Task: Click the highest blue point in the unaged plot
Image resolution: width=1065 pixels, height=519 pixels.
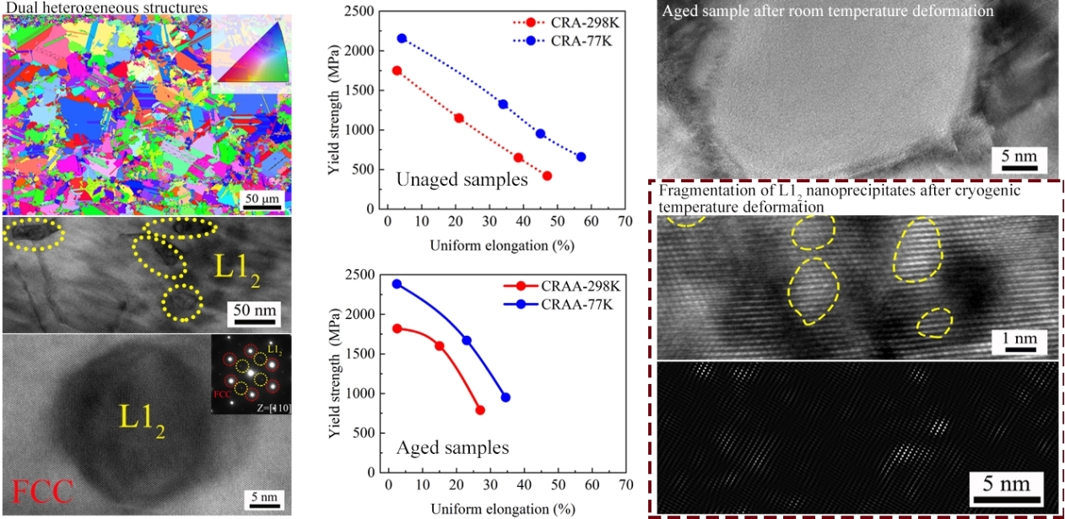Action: coord(402,38)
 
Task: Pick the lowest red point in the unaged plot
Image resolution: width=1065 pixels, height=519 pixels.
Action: coord(547,176)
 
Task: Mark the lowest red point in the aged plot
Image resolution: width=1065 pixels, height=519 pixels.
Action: coord(480,410)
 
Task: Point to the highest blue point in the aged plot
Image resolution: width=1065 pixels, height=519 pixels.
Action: coord(397,284)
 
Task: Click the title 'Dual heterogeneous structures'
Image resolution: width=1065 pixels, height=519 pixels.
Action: coord(105,8)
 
